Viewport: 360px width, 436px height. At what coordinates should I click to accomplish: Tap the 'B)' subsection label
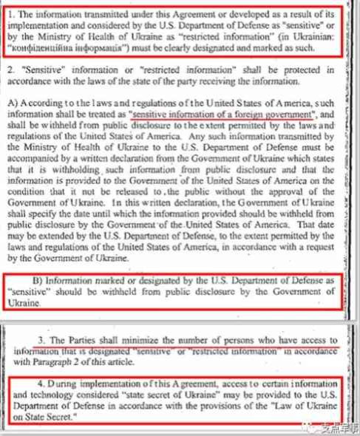pos(43,282)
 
